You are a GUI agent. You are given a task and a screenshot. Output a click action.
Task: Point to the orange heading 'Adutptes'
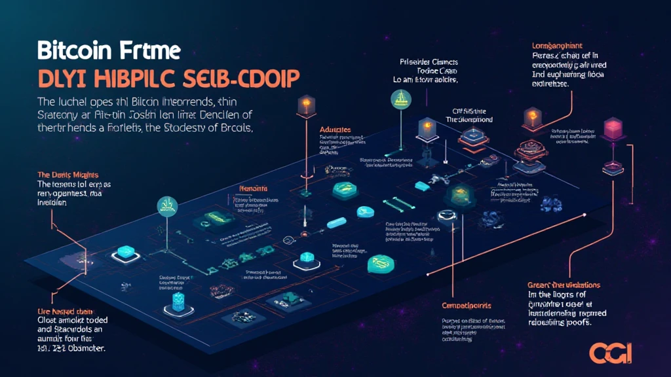(x=336, y=130)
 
